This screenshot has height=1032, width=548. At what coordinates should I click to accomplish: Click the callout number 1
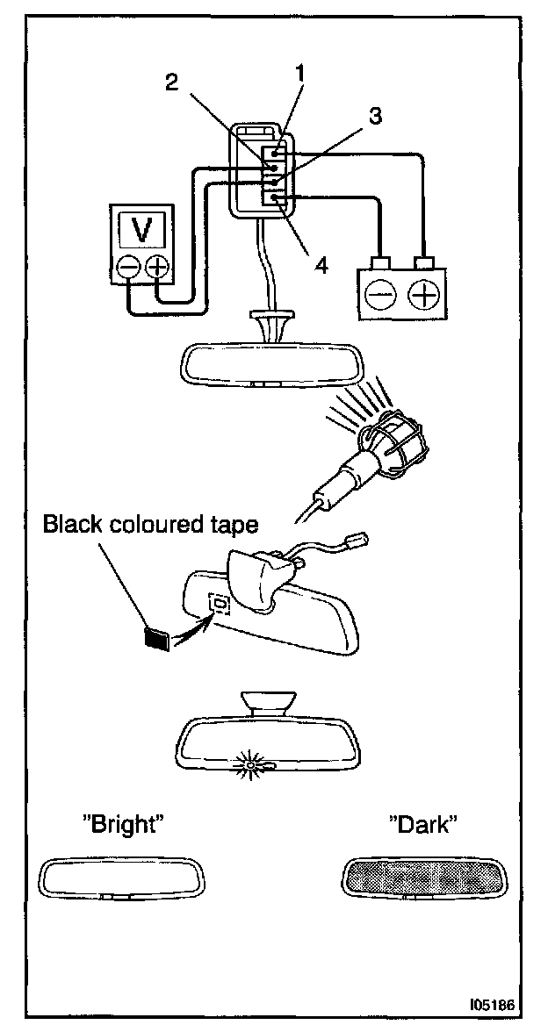[x=299, y=74]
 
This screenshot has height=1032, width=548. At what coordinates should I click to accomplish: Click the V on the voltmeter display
[x=143, y=230]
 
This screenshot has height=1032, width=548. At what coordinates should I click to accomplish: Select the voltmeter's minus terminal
[x=128, y=267]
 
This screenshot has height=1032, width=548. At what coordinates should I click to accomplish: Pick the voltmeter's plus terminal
[x=158, y=267]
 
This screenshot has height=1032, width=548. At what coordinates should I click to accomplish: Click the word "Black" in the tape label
[x=69, y=525]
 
